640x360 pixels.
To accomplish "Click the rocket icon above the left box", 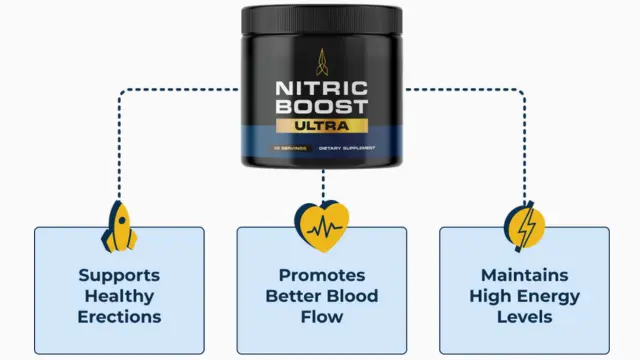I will pyautogui.click(x=119, y=226).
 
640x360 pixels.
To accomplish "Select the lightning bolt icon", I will pyautogui.click(x=524, y=226).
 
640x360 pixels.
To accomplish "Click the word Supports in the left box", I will pyautogui.click(x=119, y=274).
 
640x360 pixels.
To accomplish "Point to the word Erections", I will pyautogui.click(x=119, y=317).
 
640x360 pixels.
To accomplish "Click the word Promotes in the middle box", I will pyautogui.click(x=321, y=274).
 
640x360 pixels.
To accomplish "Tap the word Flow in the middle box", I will pyautogui.click(x=321, y=317).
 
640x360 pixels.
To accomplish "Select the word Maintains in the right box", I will pyautogui.click(x=524, y=274).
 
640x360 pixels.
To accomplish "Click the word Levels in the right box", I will pyautogui.click(x=524, y=317).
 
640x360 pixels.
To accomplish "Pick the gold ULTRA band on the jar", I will pyautogui.click(x=322, y=127).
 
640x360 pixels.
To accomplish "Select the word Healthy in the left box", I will pyautogui.click(x=119, y=296).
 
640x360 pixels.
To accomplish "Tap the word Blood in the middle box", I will pyautogui.click(x=354, y=296).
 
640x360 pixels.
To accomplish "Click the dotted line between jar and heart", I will pyautogui.click(x=322, y=184).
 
